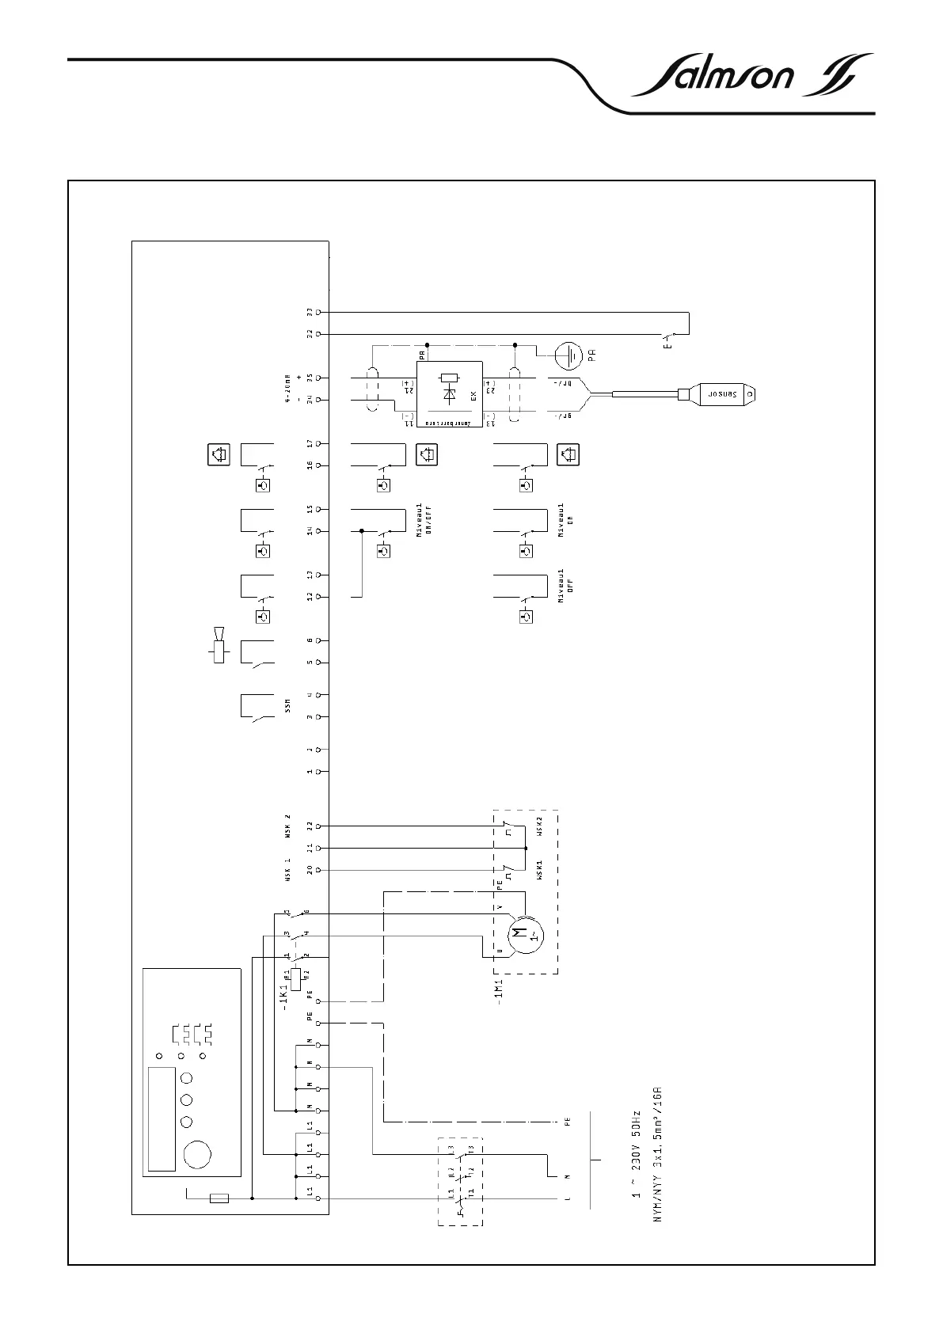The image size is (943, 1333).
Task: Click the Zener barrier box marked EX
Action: point(450,393)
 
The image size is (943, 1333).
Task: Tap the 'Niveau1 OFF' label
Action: point(565,585)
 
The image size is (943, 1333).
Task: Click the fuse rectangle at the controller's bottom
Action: point(217,1198)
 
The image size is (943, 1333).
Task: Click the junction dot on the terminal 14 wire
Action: point(362,530)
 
